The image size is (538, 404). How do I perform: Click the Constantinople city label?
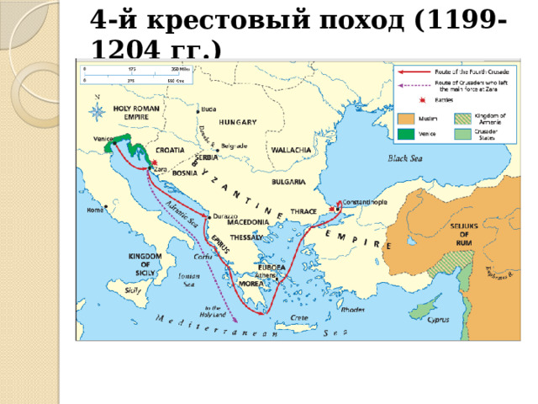364,202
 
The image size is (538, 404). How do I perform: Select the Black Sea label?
405,157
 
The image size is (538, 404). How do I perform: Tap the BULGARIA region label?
287,180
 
